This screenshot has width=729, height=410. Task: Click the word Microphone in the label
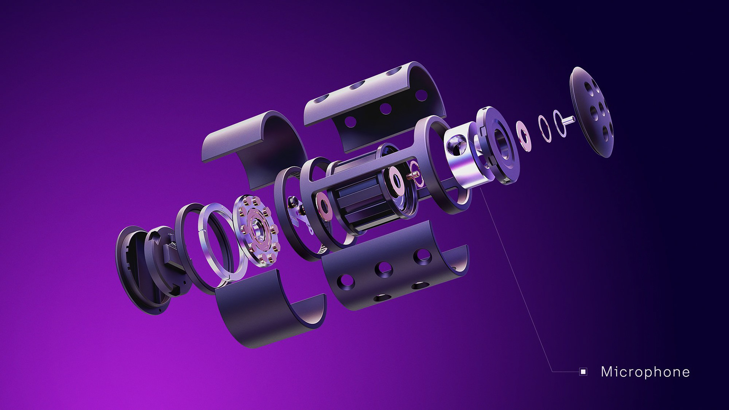[645, 372]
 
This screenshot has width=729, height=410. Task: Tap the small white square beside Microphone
[583, 372]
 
